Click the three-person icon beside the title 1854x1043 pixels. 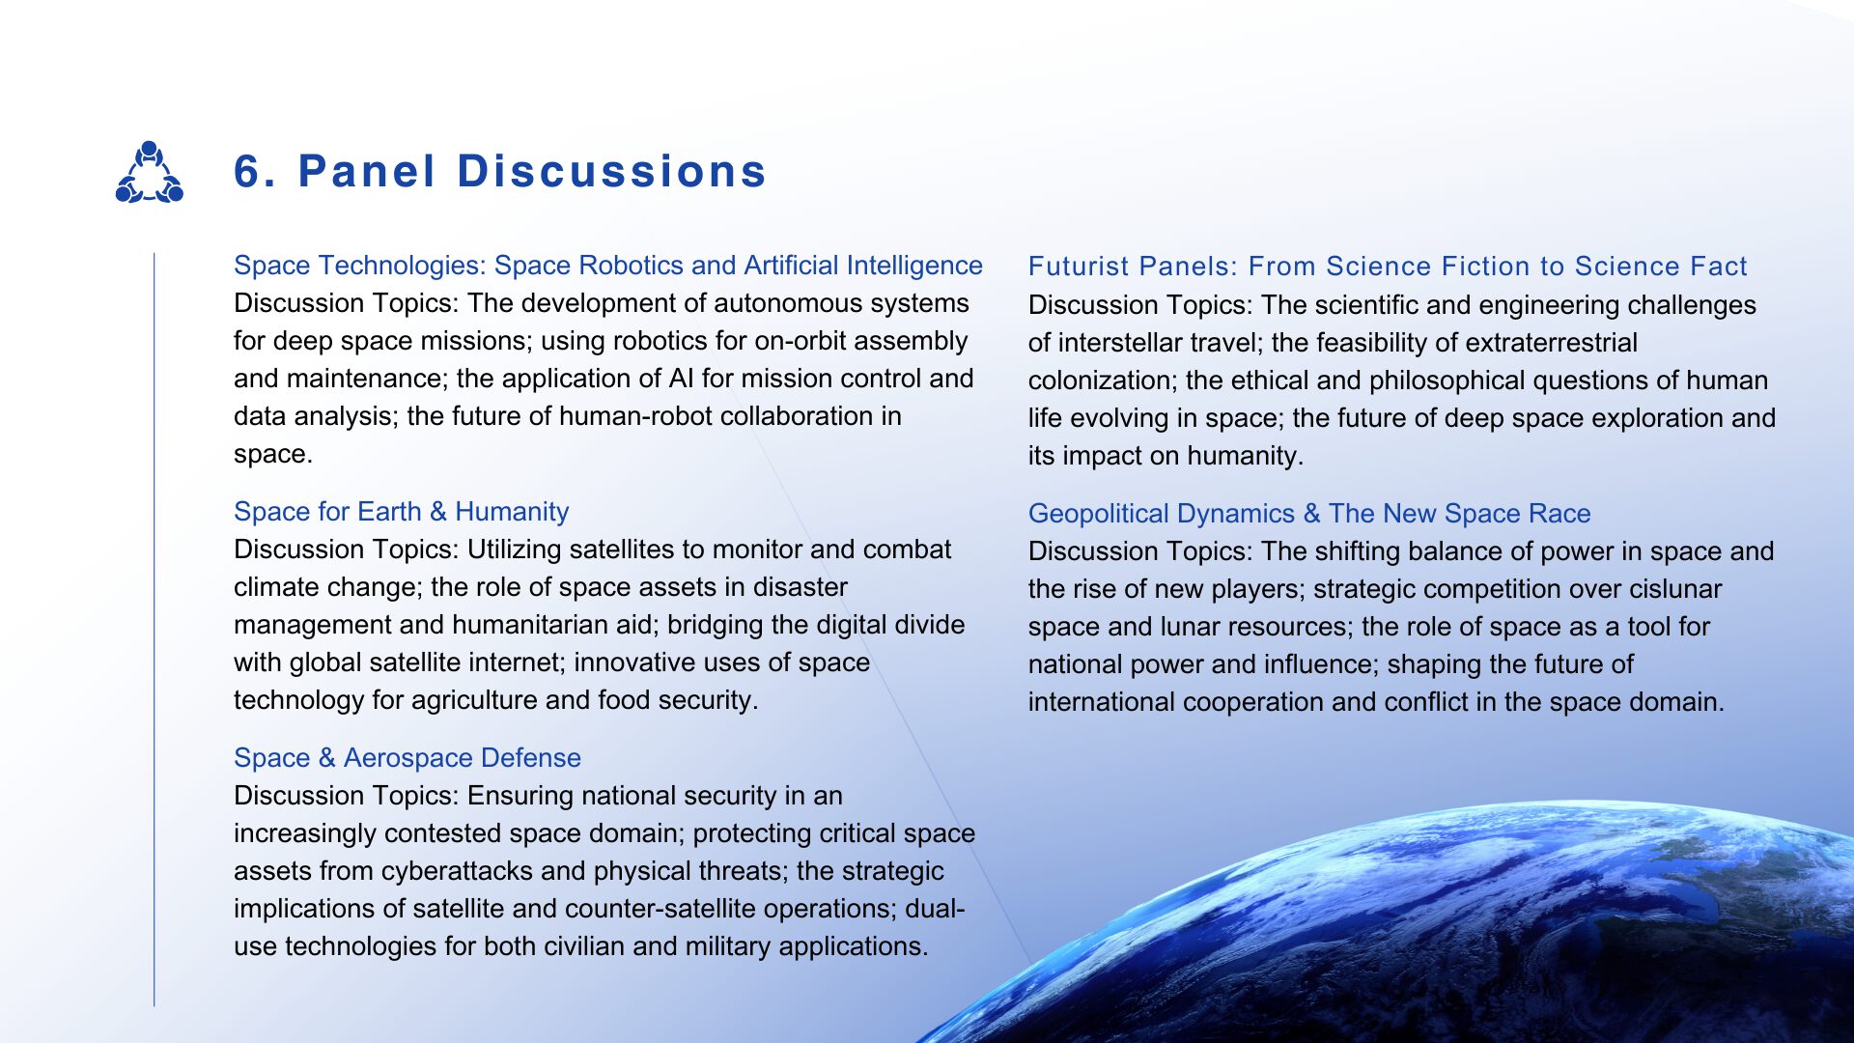pos(150,172)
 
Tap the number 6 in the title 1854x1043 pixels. pos(249,172)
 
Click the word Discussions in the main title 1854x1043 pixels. pos(611,172)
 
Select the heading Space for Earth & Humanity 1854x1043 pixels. pos(402,512)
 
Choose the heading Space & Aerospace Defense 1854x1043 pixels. pos(407,758)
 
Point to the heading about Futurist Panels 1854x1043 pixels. pos(1388,267)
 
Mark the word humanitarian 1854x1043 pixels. pos(553,625)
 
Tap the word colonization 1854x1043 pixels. pos(1103,381)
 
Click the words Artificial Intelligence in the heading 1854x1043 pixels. pos(863,266)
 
